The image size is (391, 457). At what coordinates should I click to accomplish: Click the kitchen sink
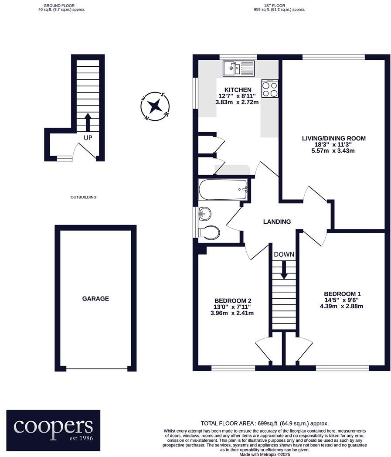238,68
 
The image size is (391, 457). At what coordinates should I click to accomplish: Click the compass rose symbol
154,106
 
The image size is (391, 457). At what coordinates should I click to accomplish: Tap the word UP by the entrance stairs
88,138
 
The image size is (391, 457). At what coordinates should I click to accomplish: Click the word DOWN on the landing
284,255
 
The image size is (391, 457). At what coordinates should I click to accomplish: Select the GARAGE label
95,299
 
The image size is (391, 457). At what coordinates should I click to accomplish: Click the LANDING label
277,222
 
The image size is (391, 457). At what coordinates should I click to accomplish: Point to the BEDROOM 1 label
342,294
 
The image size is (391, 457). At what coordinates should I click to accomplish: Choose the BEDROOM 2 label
233,300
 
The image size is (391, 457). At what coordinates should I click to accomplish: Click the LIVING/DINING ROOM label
333,138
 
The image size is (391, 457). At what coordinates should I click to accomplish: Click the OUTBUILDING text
83,197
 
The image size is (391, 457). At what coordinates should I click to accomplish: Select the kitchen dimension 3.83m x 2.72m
237,102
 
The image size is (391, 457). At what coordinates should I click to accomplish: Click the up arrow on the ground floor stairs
88,122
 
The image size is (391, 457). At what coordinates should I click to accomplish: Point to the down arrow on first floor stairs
284,269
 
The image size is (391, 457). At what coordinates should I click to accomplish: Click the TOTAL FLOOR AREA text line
264,423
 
